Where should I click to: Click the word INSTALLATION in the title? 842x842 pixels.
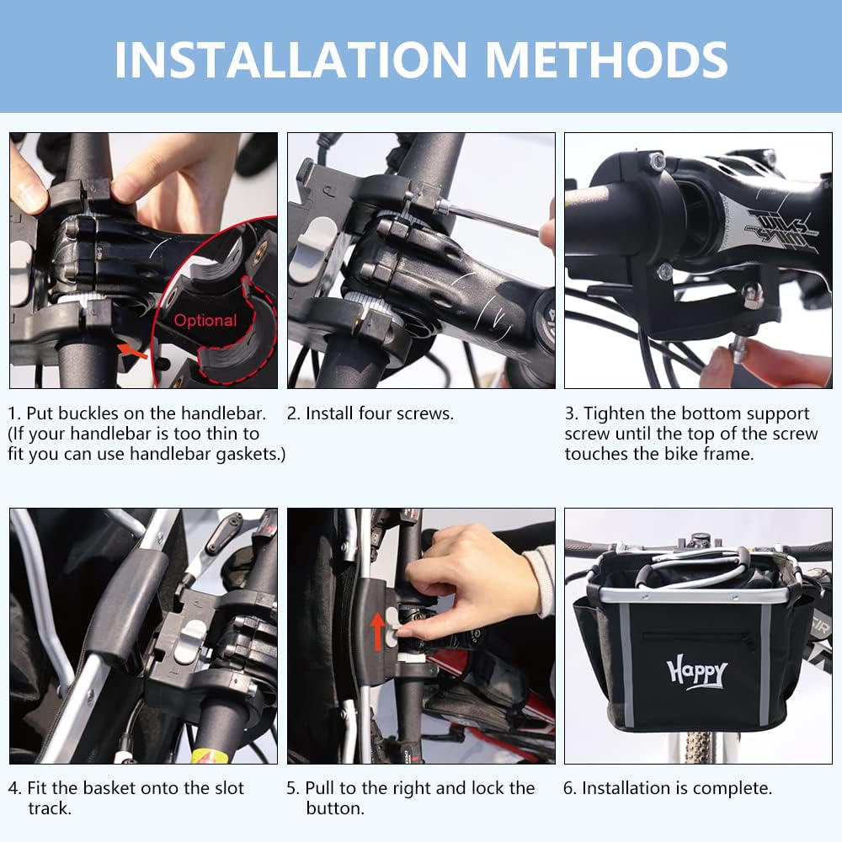coord(290,60)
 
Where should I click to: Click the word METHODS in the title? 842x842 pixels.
coord(606,60)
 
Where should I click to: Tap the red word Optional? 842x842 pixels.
coord(205,320)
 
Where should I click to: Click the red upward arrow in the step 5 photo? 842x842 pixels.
coord(377,631)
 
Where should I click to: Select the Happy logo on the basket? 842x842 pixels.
coord(697,671)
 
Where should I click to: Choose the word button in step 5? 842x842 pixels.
coord(334,808)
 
